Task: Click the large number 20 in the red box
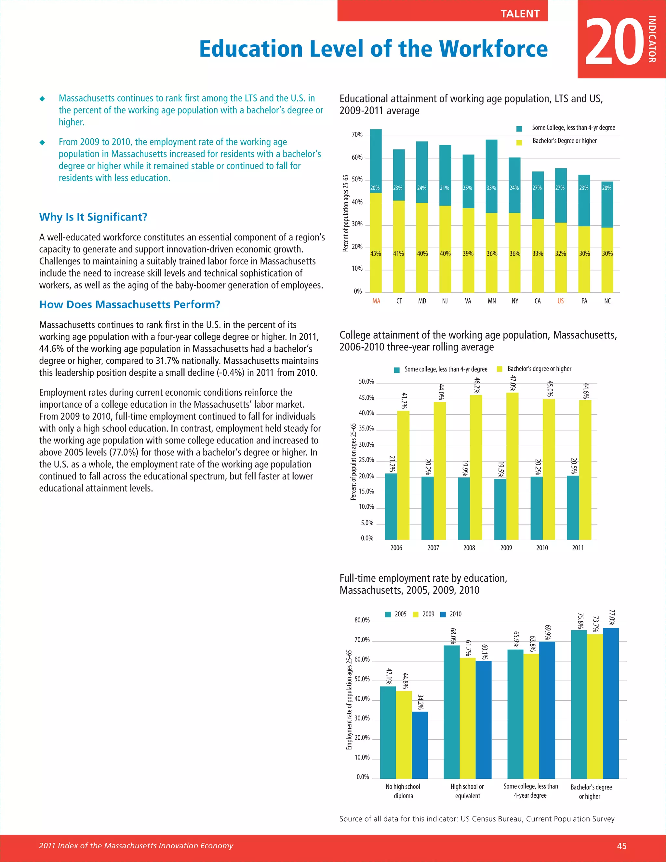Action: [x=615, y=41]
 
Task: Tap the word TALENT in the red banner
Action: [x=520, y=14]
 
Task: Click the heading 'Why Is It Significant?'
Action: [x=93, y=217]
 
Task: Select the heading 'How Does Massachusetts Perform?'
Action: [x=129, y=304]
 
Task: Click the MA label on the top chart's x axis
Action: [x=376, y=301]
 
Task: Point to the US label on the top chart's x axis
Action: [x=560, y=301]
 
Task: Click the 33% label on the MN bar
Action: [x=491, y=188]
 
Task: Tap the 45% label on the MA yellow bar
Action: [x=376, y=254]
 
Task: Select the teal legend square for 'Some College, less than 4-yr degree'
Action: [x=519, y=129]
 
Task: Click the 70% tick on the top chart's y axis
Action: [x=357, y=135]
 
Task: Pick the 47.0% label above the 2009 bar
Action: [x=513, y=383]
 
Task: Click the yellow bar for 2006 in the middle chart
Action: [x=403, y=475]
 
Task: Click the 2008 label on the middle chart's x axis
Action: [x=469, y=548]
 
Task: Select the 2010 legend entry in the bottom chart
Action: [x=451, y=614]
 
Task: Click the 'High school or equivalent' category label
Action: [x=467, y=791]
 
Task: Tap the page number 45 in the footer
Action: [x=621, y=846]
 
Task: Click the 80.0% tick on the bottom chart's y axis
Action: [x=362, y=620]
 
